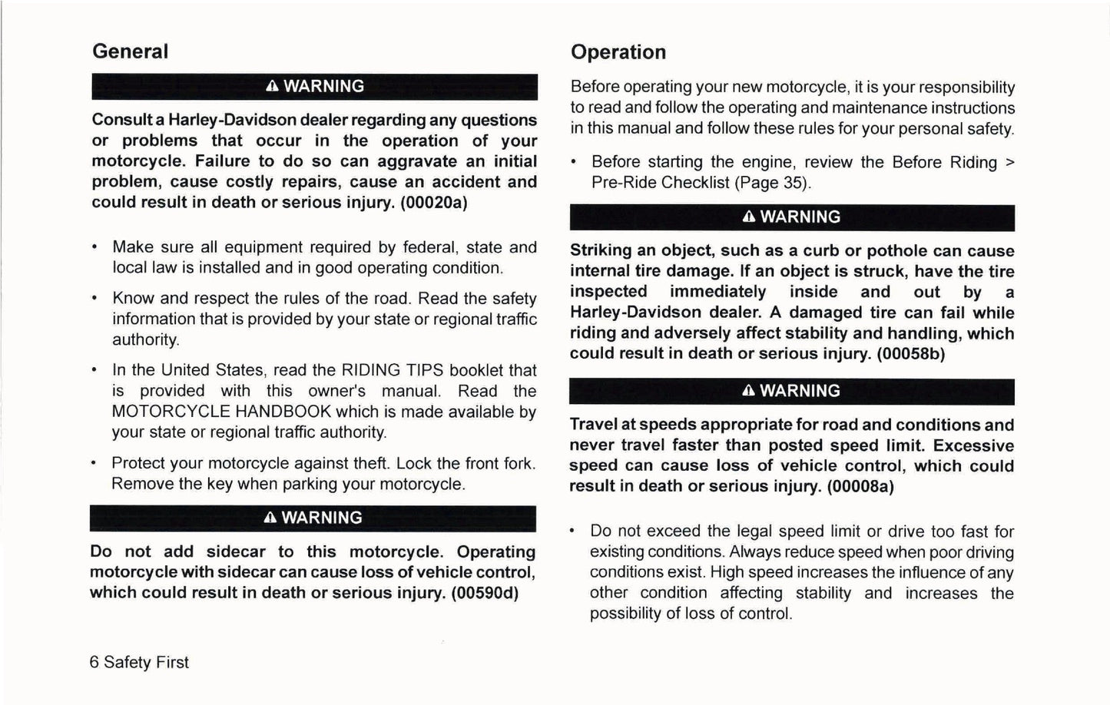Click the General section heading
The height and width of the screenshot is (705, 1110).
(x=130, y=51)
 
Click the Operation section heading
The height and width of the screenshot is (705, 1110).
(x=618, y=52)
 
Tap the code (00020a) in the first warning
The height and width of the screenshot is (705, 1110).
(x=434, y=202)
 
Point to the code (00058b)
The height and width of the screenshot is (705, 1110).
(x=911, y=353)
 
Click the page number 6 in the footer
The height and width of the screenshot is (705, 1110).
(x=94, y=662)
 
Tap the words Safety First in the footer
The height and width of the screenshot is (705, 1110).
(x=146, y=662)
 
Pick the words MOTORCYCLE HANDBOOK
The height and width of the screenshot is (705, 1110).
(x=221, y=412)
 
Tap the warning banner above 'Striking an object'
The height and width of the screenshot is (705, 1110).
(x=791, y=217)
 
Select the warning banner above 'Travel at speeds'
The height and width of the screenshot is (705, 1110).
(x=791, y=391)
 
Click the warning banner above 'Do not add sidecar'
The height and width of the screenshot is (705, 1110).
(x=313, y=518)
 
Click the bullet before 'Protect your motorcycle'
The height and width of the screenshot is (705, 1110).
(x=94, y=464)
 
